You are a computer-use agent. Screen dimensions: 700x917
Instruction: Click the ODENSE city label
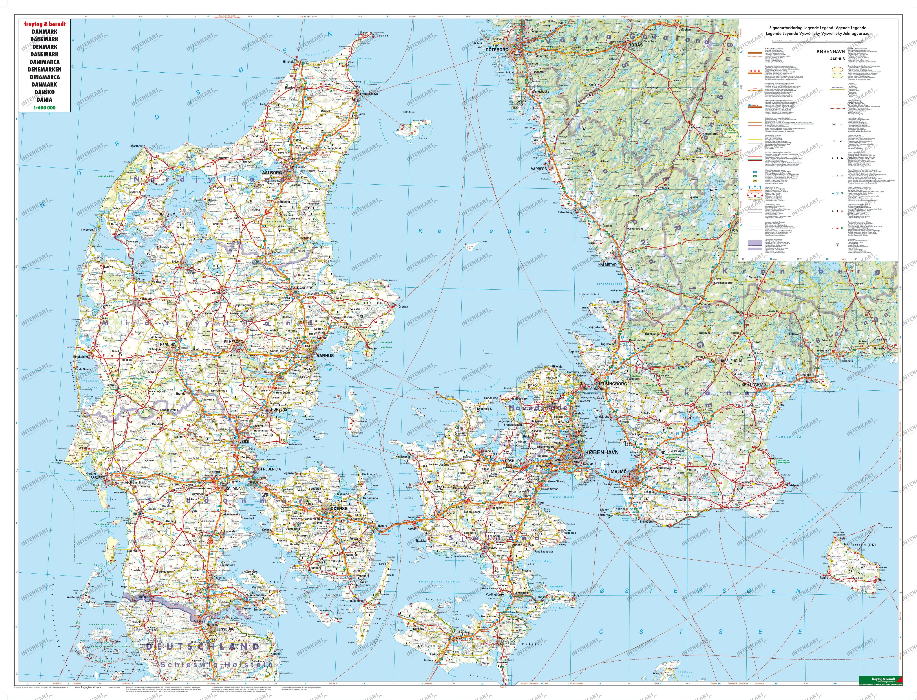pyautogui.click(x=338, y=509)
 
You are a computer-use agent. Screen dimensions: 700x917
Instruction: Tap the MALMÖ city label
pyautogui.click(x=619, y=472)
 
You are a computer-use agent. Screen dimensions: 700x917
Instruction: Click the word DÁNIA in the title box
pyautogui.click(x=44, y=100)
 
